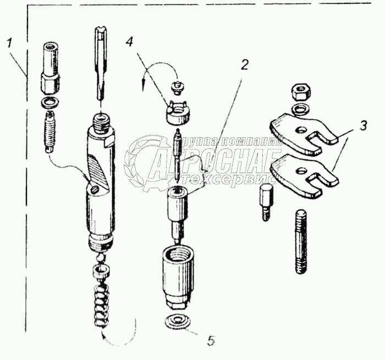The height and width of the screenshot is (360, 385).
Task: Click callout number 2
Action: (244, 64)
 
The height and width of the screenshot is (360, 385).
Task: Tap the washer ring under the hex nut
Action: (300, 107)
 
